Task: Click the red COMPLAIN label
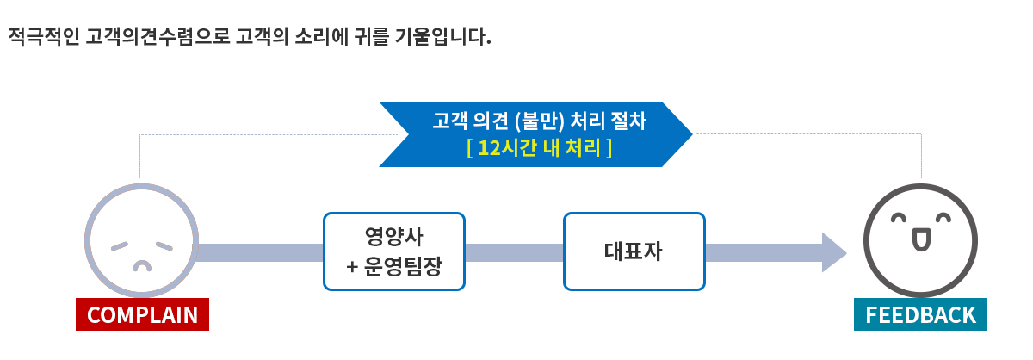point(142,315)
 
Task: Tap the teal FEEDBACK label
point(920,315)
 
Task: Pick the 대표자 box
point(634,251)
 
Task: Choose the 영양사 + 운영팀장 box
point(393,251)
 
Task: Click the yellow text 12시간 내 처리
point(539,147)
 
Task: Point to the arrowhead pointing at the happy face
point(833,252)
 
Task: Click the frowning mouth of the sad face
point(140,264)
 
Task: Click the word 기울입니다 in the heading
point(442,38)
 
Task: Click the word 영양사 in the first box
point(393,236)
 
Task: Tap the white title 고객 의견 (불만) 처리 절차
point(538,121)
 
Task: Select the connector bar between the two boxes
point(514,252)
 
